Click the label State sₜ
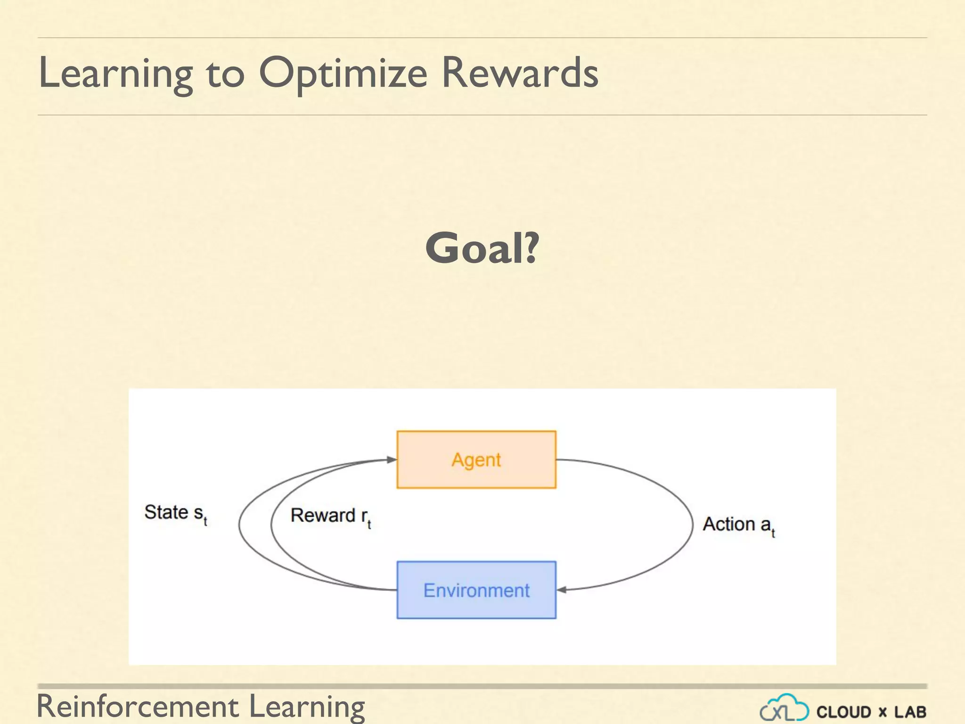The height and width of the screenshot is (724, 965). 175,513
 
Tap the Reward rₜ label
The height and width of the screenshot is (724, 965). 330,516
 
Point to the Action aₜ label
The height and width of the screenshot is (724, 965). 738,525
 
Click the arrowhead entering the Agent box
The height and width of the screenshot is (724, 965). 391,459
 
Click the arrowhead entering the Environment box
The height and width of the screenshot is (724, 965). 562,590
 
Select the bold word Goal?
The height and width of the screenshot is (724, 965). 482,248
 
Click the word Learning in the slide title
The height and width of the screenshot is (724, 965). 115,73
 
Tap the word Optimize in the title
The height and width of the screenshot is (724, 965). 343,73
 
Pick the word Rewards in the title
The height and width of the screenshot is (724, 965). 519,73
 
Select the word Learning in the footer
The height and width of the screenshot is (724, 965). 306,707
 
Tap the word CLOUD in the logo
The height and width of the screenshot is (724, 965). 843,712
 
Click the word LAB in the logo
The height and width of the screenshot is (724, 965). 910,712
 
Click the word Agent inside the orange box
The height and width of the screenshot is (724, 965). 476,460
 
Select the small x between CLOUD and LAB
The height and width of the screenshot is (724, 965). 883,713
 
